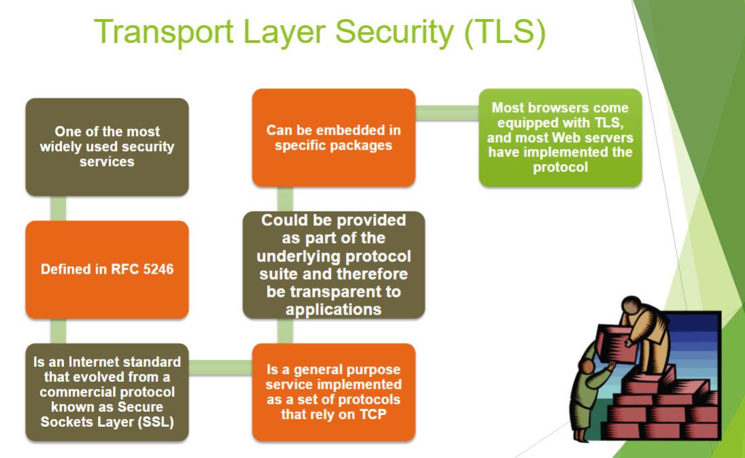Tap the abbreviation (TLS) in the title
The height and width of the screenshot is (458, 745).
[504, 33]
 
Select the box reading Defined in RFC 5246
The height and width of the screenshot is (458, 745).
[107, 269]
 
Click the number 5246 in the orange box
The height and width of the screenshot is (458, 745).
[158, 269]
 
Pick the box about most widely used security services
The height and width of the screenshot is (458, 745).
[107, 147]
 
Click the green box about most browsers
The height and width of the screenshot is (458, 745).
[560, 137]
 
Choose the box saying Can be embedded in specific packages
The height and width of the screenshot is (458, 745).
[334, 137]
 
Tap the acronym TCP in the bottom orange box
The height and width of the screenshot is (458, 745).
[373, 414]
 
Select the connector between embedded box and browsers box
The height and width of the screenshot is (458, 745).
[447, 113]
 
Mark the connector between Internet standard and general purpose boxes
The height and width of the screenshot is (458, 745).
[220, 367]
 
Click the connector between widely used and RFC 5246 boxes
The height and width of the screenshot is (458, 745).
[58, 208]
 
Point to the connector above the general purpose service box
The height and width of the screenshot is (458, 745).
[285, 331]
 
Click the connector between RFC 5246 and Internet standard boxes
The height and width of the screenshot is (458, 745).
[58, 331]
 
